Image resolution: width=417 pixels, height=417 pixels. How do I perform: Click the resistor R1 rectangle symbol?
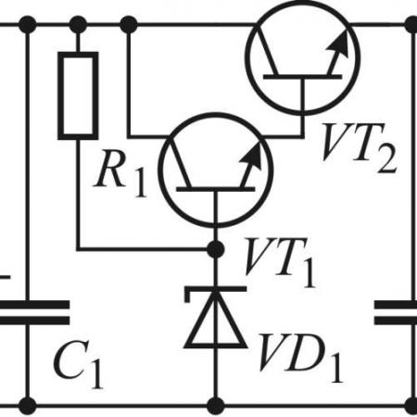(x=78, y=95)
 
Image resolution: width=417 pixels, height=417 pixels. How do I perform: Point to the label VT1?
(x=280, y=262)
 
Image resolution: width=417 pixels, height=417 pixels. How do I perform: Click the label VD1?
(x=301, y=359)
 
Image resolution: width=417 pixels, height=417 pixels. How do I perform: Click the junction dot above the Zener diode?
(x=215, y=248)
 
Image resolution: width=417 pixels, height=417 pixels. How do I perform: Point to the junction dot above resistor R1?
(x=78, y=24)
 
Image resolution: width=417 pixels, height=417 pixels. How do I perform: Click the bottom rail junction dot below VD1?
(x=216, y=406)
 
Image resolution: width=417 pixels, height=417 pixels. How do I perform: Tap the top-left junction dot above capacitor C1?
(x=28, y=24)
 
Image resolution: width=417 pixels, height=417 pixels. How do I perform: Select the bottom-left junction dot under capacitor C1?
(x=28, y=406)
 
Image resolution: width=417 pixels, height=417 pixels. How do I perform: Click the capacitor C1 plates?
(x=34, y=312)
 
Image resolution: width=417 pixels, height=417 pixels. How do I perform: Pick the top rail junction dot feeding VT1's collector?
(x=129, y=24)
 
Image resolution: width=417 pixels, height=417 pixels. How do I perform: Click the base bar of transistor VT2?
(x=303, y=77)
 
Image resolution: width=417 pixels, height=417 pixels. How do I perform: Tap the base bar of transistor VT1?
(x=216, y=189)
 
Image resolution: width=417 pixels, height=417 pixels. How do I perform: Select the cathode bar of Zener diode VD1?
(x=216, y=290)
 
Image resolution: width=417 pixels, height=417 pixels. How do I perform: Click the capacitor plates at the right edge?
(x=396, y=312)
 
